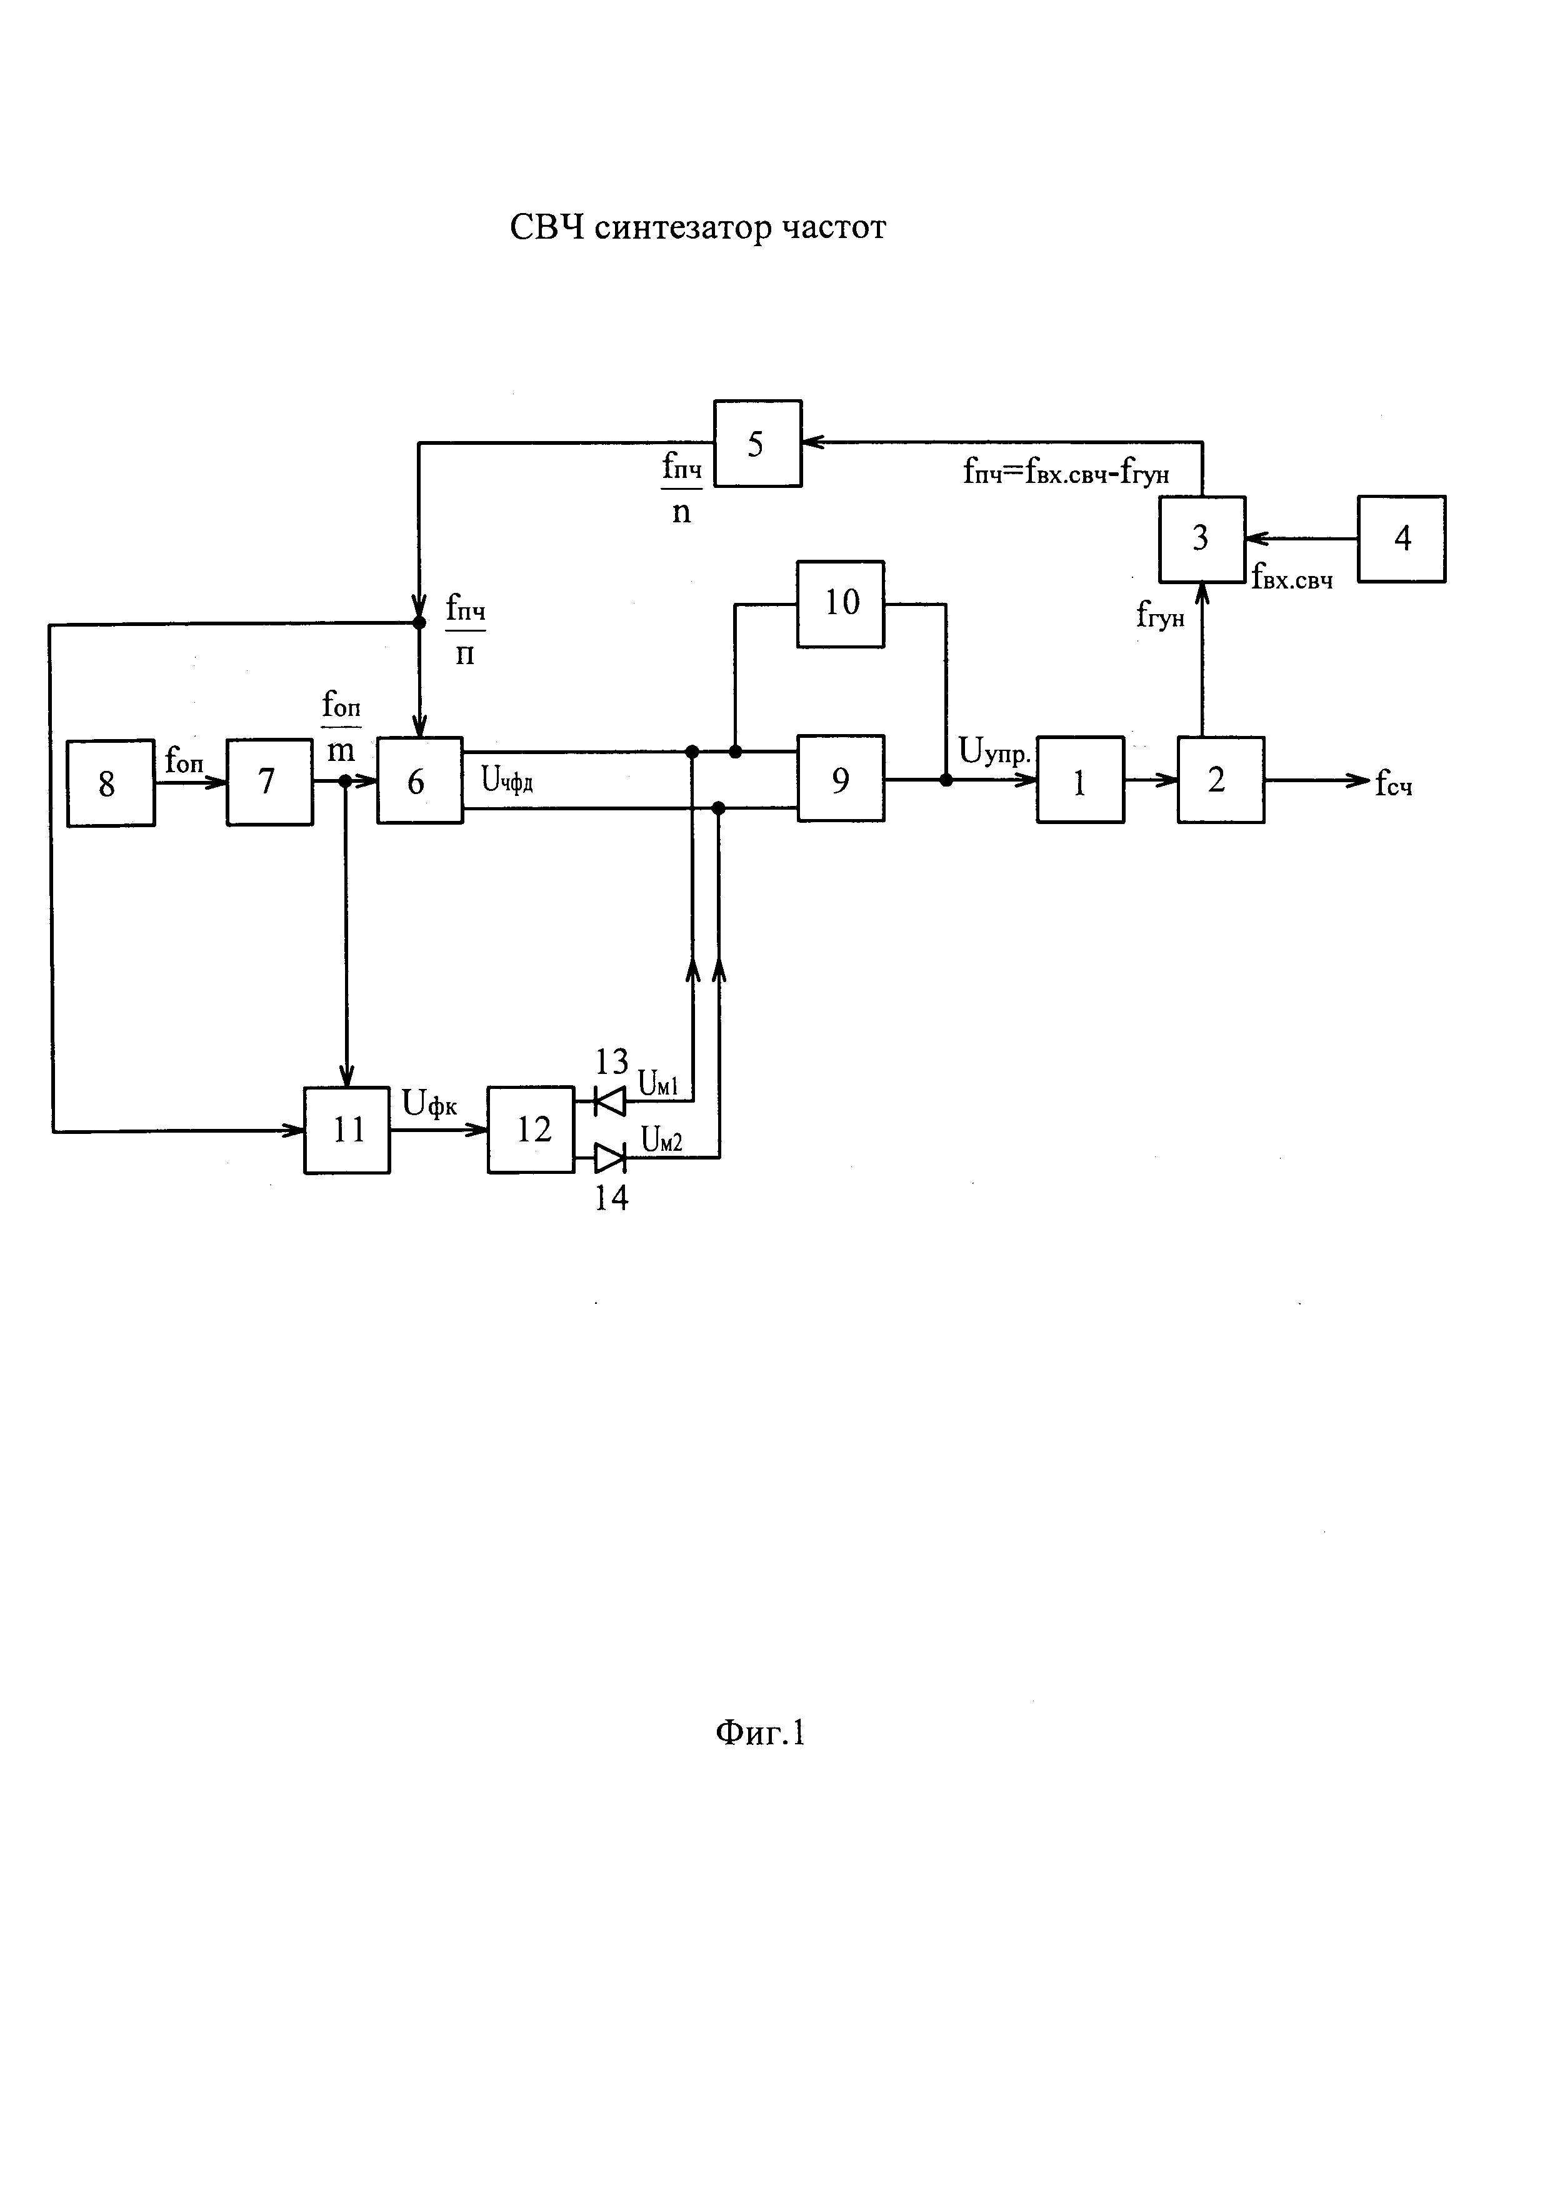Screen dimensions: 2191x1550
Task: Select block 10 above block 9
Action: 841,604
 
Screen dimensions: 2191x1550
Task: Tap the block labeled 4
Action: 1401,539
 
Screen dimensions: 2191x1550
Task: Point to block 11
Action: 347,1130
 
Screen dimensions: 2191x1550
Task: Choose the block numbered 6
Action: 420,780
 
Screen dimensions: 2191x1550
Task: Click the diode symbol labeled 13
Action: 609,1102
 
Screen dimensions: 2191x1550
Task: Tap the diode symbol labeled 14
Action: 609,1158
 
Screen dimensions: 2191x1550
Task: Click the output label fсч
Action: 1394,785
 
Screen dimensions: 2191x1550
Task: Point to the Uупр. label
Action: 994,752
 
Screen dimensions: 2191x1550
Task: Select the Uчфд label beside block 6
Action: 507,782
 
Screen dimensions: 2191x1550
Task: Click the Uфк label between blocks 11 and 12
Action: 429,1104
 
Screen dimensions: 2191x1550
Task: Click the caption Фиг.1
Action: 761,1759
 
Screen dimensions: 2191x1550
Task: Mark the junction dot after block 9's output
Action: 946,780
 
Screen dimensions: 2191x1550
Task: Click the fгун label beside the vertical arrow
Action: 1159,615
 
